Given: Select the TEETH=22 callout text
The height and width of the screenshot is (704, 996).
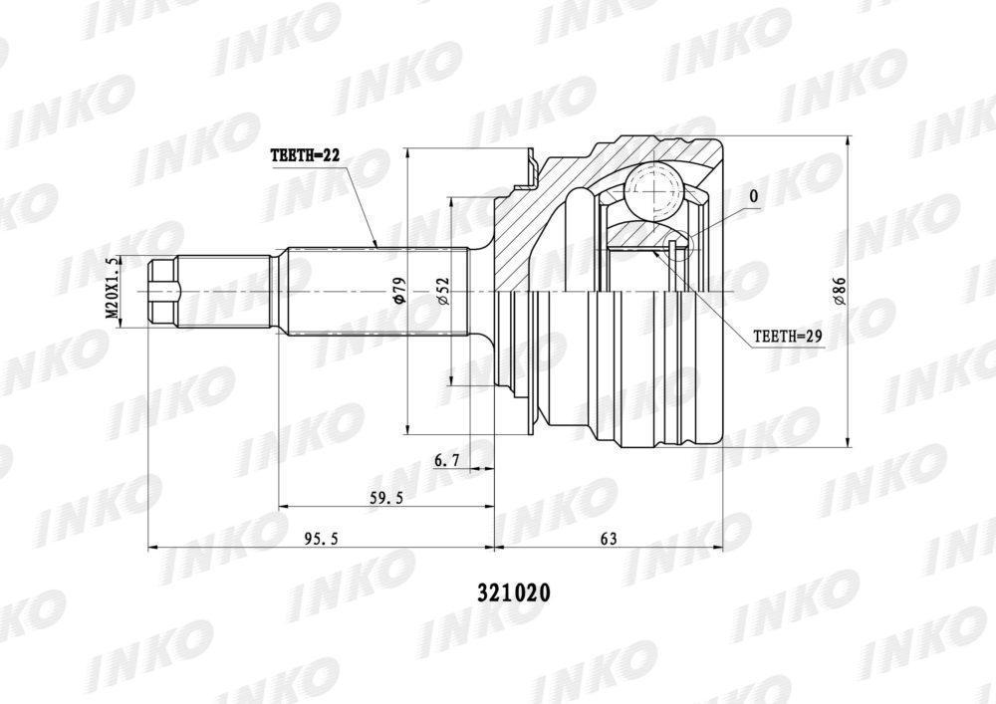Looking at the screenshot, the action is coord(306,155).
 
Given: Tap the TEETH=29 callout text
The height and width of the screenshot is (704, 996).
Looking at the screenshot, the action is coord(788,337).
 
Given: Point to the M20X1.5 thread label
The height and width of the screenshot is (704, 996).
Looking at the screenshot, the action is coord(113,288).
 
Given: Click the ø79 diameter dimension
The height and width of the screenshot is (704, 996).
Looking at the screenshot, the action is coord(399,290).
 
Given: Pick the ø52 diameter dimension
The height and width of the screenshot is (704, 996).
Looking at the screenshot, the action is coord(443,291).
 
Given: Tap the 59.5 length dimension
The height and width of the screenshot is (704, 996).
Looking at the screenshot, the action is coord(386,498).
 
